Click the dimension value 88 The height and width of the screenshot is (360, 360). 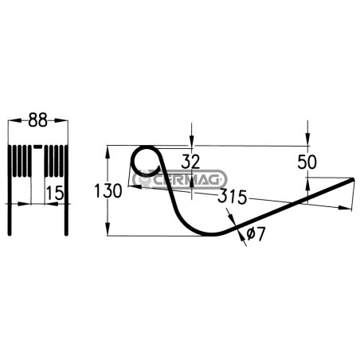click(x=38, y=120)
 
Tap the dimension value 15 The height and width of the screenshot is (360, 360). click(x=55, y=193)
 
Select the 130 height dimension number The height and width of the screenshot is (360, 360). click(x=108, y=191)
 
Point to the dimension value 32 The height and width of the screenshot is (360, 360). click(x=190, y=162)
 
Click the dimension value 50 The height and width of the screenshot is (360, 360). click(x=307, y=162)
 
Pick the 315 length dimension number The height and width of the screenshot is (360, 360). click(x=233, y=197)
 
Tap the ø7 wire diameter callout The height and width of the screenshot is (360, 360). click(x=256, y=234)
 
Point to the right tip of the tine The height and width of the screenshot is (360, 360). click(x=353, y=180)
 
